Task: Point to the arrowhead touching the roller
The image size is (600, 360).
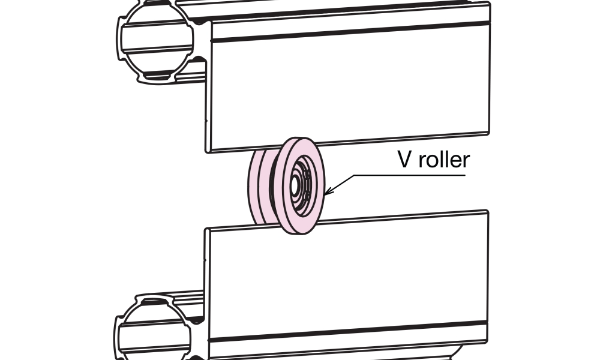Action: tap(327, 192)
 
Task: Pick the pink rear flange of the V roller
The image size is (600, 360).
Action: tap(254, 186)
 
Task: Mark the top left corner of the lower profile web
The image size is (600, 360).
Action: tap(206, 230)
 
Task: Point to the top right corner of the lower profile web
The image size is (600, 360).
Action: tap(487, 211)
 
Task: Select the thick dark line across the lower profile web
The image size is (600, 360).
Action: tap(348, 333)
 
